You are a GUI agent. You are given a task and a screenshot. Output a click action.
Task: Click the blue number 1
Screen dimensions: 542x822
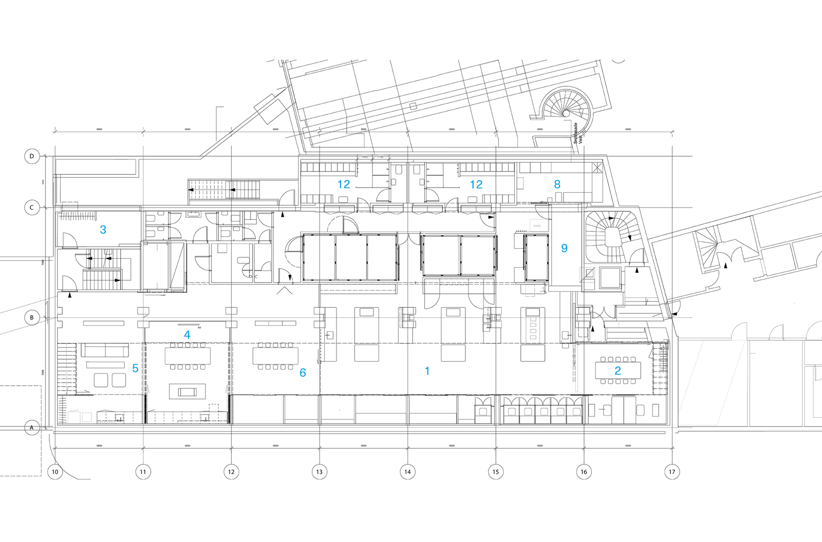427,371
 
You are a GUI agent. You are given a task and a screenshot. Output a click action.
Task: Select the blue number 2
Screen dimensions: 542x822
618,371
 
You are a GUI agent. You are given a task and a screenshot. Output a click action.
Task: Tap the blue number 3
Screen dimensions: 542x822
103,230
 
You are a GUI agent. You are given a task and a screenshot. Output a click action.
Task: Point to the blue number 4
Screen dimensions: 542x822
187,335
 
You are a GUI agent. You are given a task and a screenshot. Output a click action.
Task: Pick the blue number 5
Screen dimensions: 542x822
135,368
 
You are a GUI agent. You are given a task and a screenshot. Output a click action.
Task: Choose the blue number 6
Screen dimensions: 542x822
303,372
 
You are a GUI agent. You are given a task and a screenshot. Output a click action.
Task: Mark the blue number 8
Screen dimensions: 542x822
557,184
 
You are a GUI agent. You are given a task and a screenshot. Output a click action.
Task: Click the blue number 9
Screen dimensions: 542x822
564,248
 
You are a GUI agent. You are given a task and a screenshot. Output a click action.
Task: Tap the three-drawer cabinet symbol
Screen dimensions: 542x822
533,326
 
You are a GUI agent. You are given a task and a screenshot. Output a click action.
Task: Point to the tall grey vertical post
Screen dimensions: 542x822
577,366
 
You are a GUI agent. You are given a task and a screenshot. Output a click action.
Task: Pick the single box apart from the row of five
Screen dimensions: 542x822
482,414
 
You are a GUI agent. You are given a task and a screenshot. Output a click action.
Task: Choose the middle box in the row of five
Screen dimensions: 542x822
543,414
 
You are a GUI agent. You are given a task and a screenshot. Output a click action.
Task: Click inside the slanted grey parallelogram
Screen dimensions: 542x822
712,383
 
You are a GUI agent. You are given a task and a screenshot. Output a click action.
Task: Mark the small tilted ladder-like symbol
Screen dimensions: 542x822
763,267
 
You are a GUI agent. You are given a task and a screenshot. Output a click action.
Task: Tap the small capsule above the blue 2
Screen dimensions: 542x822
619,324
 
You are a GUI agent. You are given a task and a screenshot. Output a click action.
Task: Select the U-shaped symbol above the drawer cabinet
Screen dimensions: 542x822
530,290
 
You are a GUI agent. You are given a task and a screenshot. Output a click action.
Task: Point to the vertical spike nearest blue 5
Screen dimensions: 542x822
148,397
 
